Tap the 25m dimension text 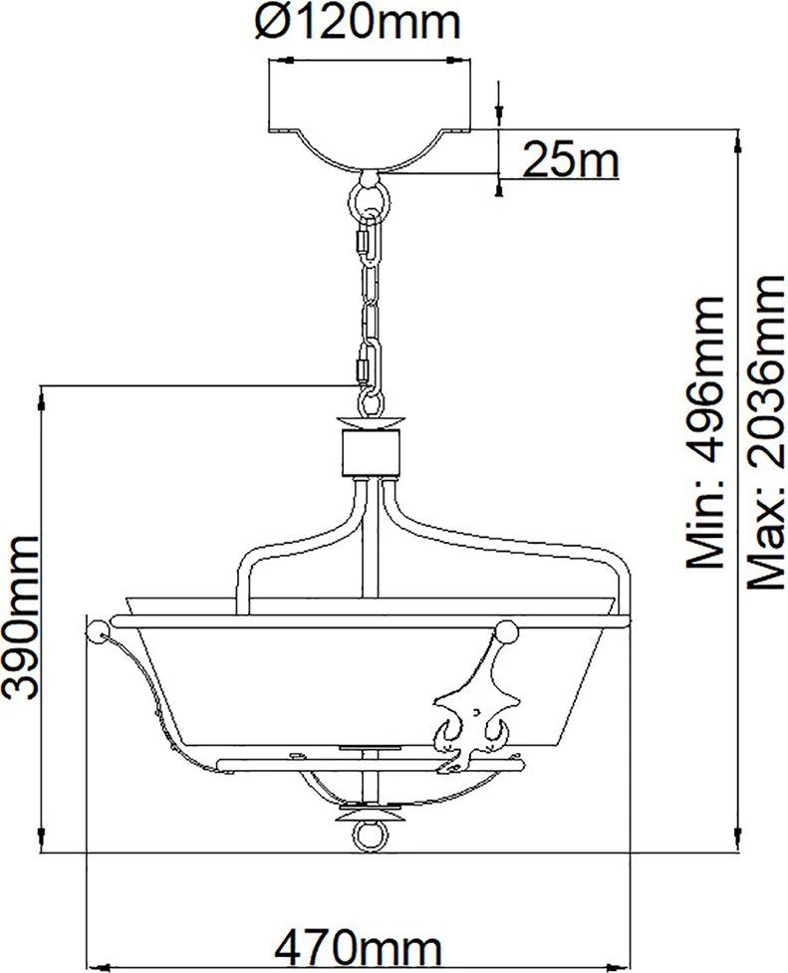pyautogui.click(x=571, y=159)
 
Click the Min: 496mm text pyautogui.click(x=704, y=431)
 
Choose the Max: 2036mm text pyautogui.click(x=765, y=432)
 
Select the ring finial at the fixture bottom pyautogui.click(x=371, y=838)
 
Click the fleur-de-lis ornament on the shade pyautogui.click(x=475, y=714)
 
